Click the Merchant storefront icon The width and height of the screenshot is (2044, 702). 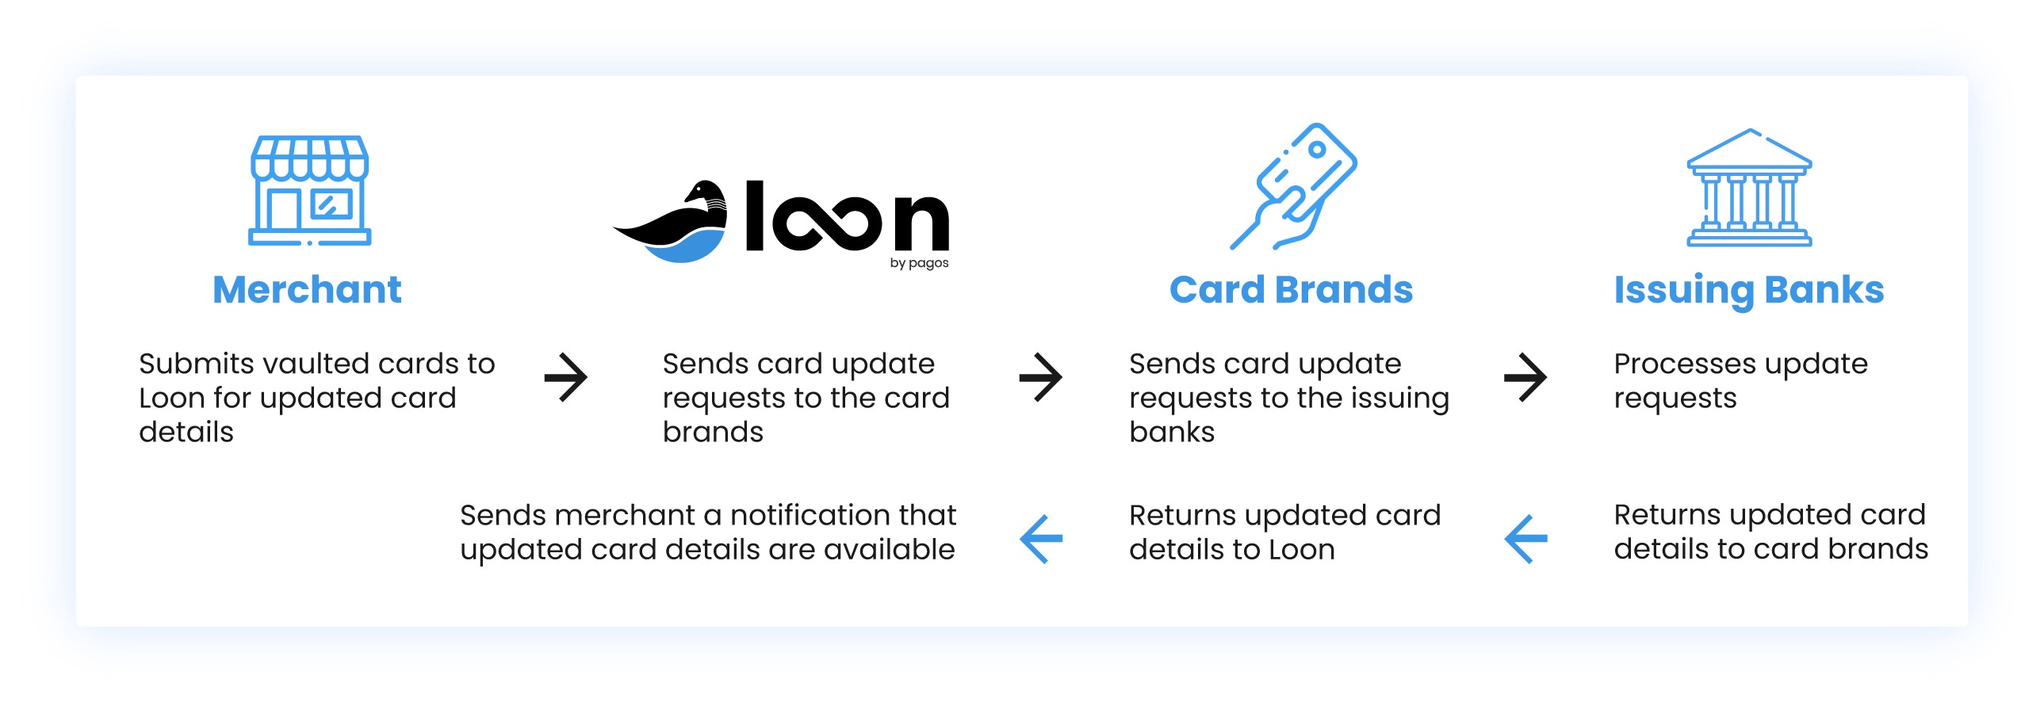(309, 190)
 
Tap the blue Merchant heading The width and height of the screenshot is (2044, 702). (307, 289)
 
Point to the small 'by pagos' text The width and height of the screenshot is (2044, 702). (919, 263)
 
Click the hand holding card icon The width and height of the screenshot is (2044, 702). (1293, 186)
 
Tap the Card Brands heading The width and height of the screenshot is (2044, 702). (1291, 289)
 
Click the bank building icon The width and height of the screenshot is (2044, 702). (1749, 188)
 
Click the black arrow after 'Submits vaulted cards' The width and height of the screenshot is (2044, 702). (566, 378)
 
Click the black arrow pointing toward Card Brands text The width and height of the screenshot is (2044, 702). (1040, 378)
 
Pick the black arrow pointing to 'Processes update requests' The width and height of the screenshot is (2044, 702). (1525, 378)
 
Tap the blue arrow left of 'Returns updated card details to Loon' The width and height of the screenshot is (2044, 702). (1040, 540)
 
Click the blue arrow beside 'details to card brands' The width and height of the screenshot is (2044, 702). (1525, 540)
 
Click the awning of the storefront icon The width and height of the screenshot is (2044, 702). (309, 157)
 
